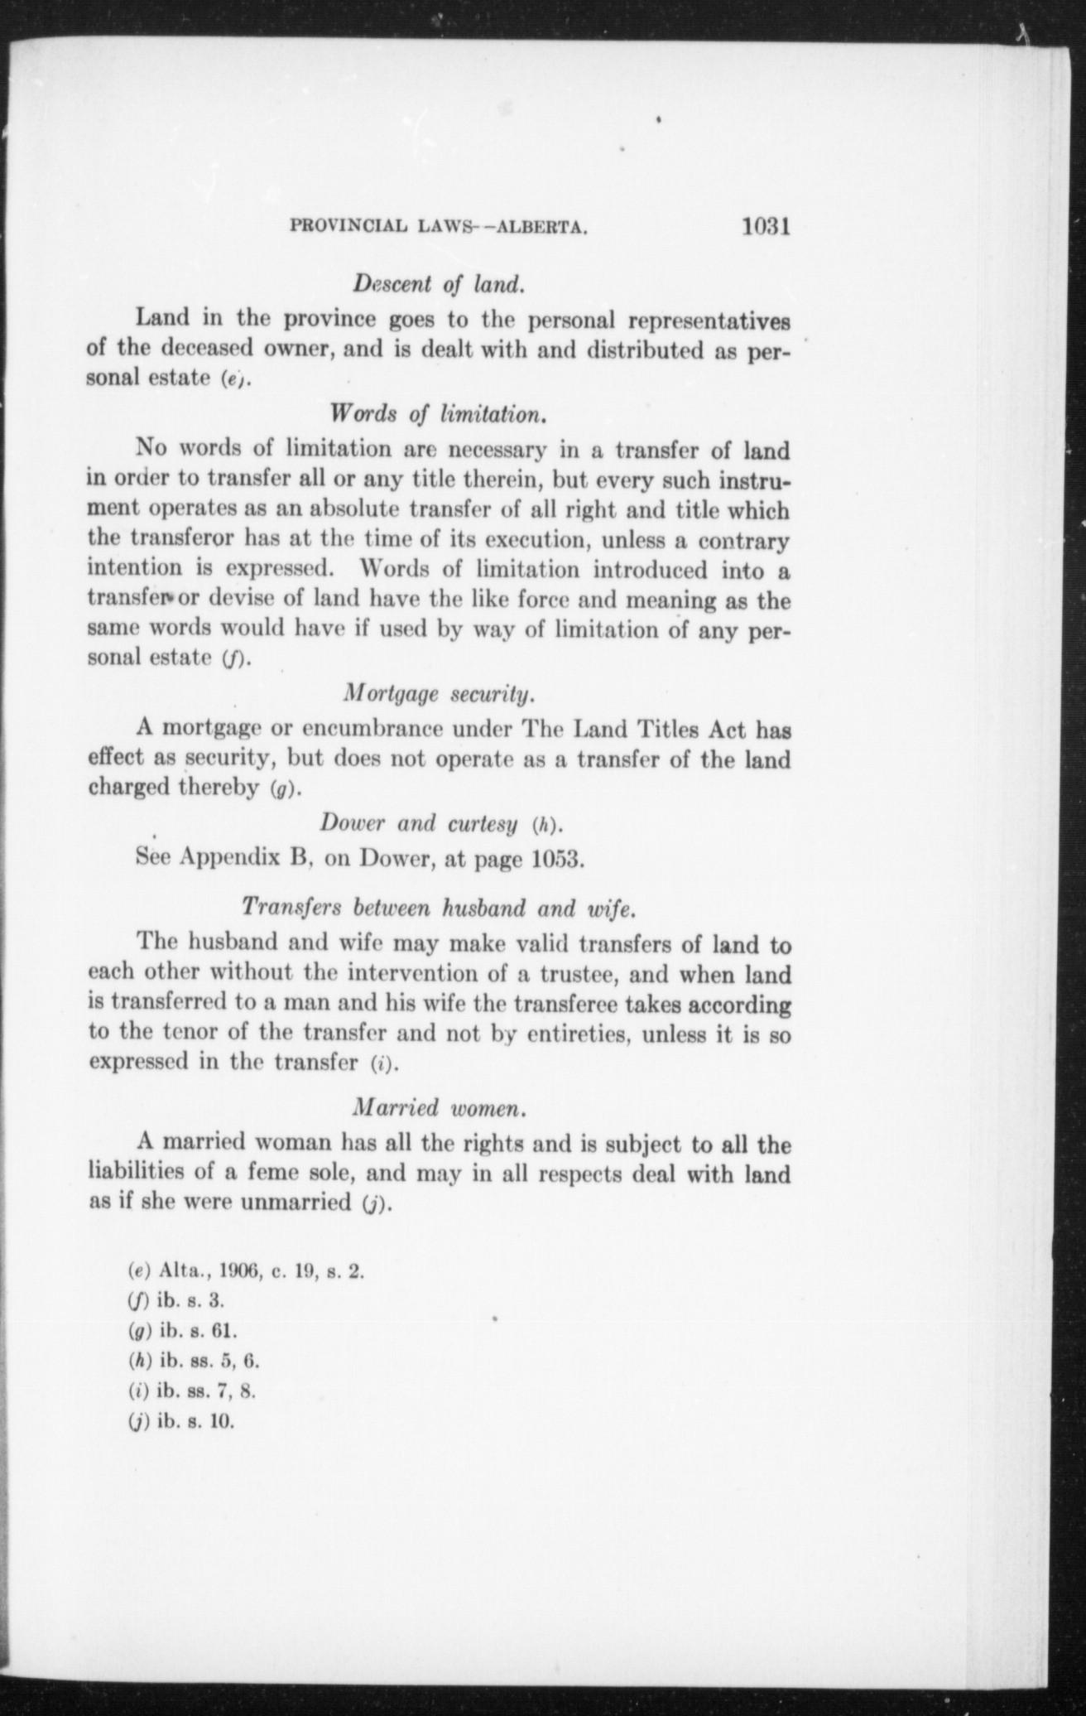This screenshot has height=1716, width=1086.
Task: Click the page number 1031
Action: pos(767,225)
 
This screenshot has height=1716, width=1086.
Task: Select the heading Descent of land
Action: pos(439,284)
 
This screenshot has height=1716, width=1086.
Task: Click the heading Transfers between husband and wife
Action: pos(438,908)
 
